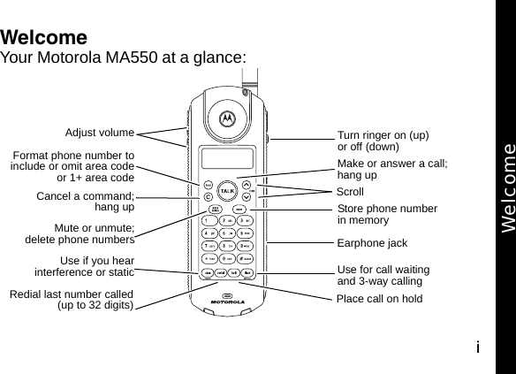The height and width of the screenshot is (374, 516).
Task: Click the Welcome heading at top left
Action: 44,38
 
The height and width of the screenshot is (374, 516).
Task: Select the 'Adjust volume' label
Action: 100,134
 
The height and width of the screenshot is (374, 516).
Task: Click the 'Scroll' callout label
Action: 350,191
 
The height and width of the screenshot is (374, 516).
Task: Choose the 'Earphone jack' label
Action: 372,242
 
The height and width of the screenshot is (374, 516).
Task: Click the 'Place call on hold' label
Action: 379,299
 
